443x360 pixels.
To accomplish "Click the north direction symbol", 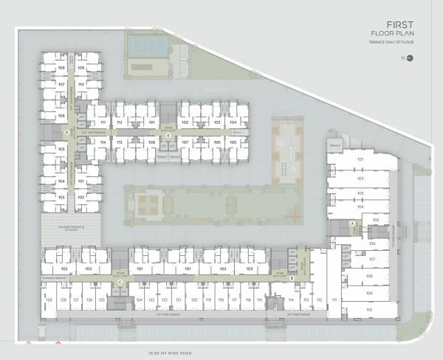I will (x=409, y=58).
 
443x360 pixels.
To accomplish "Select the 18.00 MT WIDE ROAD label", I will (x=169, y=353).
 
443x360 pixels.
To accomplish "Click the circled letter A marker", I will (x=353, y=223).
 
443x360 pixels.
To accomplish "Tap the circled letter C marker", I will (x=120, y=282).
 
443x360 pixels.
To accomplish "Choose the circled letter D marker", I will (x=66, y=133).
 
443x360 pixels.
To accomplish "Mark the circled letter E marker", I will (x=168, y=136).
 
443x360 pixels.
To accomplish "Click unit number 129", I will (x=49, y=300).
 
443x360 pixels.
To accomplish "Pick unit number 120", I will (x=193, y=300).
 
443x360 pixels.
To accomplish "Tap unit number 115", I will (x=260, y=300).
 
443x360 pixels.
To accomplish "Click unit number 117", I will (x=234, y=300).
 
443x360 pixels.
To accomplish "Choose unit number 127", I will (x=76, y=300).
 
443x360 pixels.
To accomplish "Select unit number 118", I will (x=221, y=300).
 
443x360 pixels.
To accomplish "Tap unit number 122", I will (x=165, y=300).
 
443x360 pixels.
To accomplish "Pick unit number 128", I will (x=63, y=300).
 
